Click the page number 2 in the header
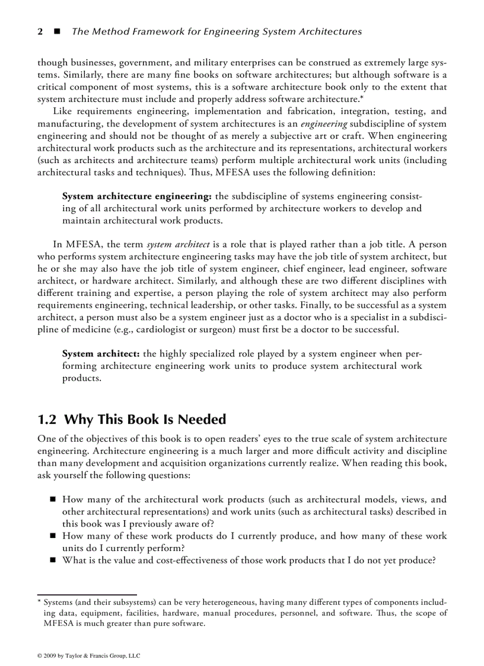[40, 31]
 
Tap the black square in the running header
[58, 31]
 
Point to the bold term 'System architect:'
[101, 353]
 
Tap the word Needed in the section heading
[201, 420]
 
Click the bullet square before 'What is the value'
[53, 560]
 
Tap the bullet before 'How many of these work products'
[53, 536]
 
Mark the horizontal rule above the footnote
[87, 594]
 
